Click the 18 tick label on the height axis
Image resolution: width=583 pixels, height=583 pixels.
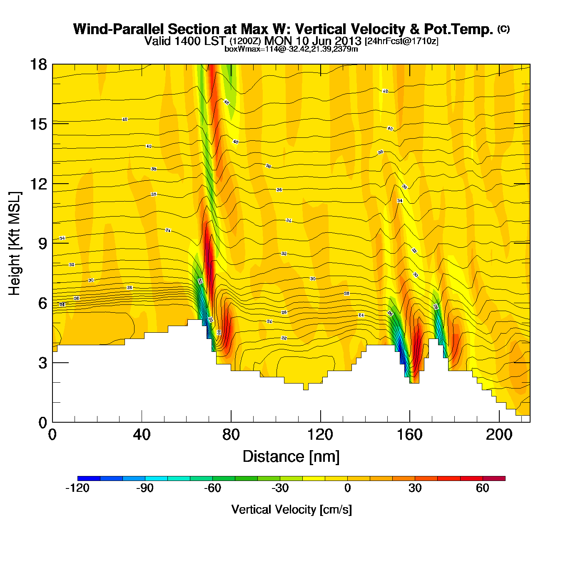tap(38, 65)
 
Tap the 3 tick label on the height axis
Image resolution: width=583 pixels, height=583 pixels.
tap(43, 363)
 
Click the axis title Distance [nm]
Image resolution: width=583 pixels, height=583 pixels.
tap(291, 457)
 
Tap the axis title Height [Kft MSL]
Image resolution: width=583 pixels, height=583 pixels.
tap(15, 244)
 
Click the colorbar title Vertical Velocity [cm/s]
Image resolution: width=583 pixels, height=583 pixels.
tap(291, 509)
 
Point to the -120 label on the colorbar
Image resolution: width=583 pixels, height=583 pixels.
tap(77, 488)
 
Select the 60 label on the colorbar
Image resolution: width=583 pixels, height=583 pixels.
tap(482, 488)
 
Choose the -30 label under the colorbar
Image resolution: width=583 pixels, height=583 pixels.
tap(280, 488)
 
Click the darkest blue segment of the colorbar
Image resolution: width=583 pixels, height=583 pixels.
tap(89, 478)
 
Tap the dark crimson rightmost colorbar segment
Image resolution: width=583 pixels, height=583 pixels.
tap(494, 478)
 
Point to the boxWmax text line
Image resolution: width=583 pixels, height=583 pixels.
tap(291, 49)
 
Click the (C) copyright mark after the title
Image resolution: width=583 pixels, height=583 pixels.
tap(503, 29)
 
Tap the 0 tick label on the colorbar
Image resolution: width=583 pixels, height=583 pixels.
tap(347, 488)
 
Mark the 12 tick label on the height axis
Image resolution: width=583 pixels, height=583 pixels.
tap(38, 184)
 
